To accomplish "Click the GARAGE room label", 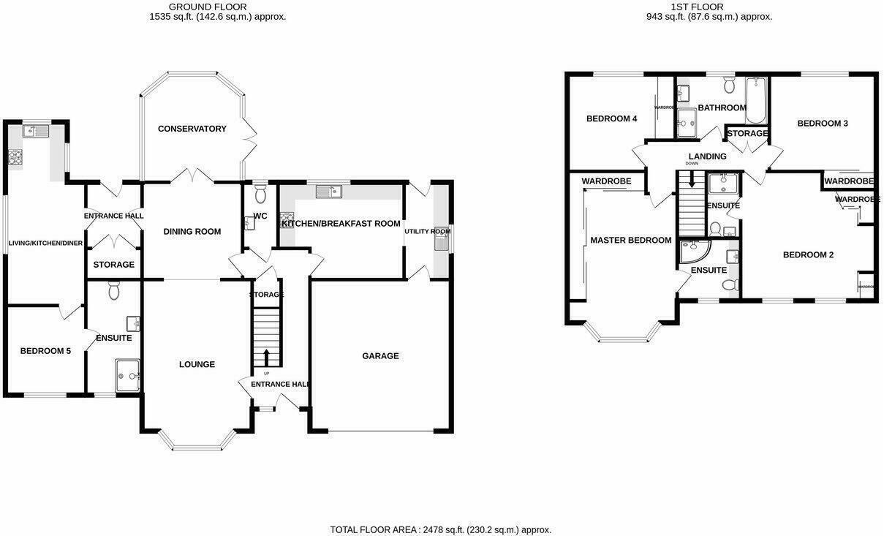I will click(380, 356).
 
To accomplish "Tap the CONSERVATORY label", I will click(192, 129).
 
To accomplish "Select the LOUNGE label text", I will click(197, 364).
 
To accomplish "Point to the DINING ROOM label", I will click(192, 232).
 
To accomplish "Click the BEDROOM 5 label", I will click(45, 351).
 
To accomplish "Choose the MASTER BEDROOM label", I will click(630, 240).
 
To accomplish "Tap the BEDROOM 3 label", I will click(822, 124).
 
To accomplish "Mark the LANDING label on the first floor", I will click(707, 156).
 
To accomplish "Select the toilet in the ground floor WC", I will click(260, 194).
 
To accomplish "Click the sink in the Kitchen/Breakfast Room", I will click(329, 192).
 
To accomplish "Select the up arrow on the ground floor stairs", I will click(266, 357).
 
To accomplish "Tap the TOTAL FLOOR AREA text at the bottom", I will click(440, 529).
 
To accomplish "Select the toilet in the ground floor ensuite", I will click(113, 292).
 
